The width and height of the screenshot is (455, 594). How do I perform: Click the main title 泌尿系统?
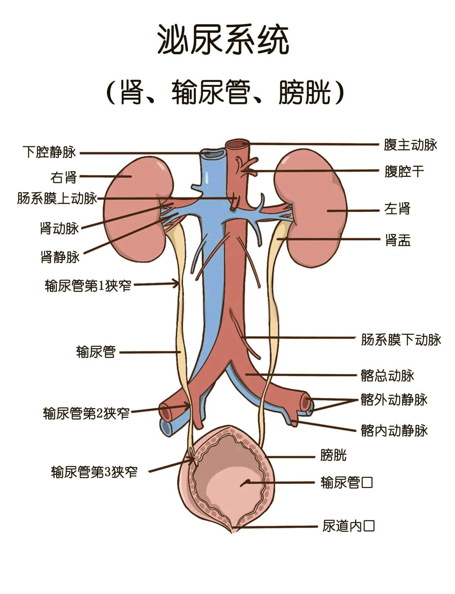pyautogui.click(x=223, y=40)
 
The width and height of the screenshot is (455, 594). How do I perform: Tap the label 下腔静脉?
pyautogui.click(x=49, y=152)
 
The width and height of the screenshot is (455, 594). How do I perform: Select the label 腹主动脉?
pyautogui.click(x=410, y=144)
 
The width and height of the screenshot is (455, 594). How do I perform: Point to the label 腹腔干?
pyautogui.click(x=404, y=171)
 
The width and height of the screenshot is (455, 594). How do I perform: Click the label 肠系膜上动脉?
pyautogui.click(x=57, y=198)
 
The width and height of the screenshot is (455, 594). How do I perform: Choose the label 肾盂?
pyautogui.click(x=398, y=240)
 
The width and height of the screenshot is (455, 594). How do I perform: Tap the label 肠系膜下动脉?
pyautogui.click(x=401, y=340)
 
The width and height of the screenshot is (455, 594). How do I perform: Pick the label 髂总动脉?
pyautogui.click(x=387, y=375)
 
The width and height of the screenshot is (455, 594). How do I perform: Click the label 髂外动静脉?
pyautogui.click(x=394, y=400)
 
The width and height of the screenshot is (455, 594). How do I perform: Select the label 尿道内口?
pyautogui.click(x=348, y=526)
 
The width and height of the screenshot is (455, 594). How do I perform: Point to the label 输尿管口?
pyautogui.click(x=346, y=482)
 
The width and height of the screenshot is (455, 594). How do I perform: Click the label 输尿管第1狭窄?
pyautogui.click(x=88, y=286)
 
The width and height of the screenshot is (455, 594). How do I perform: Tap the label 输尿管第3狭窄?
pyautogui.click(x=94, y=472)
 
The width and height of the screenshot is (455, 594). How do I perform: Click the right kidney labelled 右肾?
pyautogui.click(x=138, y=209)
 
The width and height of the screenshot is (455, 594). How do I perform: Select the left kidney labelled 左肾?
pyautogui.click(x=311, y=208)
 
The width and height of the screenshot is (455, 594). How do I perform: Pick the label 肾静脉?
pyautogui.click(x=60, y=257)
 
